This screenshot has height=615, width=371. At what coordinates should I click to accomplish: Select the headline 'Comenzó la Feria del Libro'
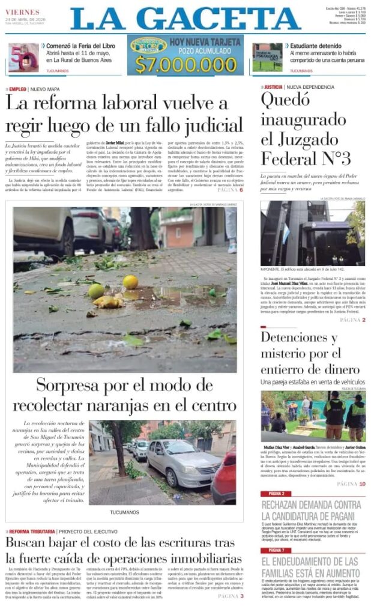pos(77,46)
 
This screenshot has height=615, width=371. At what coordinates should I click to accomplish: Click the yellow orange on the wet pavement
pos(130,282)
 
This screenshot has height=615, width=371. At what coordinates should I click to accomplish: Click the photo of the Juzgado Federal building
pos(312,233)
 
